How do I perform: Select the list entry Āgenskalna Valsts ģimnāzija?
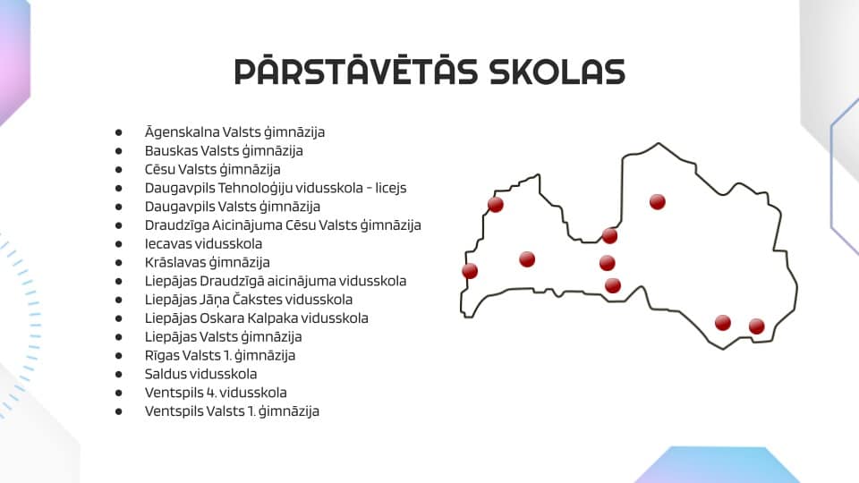(234, 132)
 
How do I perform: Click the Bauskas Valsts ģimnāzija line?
(224, 150)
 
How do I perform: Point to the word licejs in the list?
(391, 188)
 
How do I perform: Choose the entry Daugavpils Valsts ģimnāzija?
(233, 207)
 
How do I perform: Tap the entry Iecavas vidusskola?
(203, 243)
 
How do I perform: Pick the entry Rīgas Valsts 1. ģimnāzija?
(220, 355)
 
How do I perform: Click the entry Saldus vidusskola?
(200, 374)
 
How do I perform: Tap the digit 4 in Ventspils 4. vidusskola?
(211, 393)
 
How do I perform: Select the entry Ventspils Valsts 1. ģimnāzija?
(232, 411)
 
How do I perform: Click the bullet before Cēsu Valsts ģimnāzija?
(118, 170)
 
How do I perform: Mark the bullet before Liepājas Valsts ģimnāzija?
(118, 337)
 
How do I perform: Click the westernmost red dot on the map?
(470, 270)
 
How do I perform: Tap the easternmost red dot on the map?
(757, 326)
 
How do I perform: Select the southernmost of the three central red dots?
(612, 285)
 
